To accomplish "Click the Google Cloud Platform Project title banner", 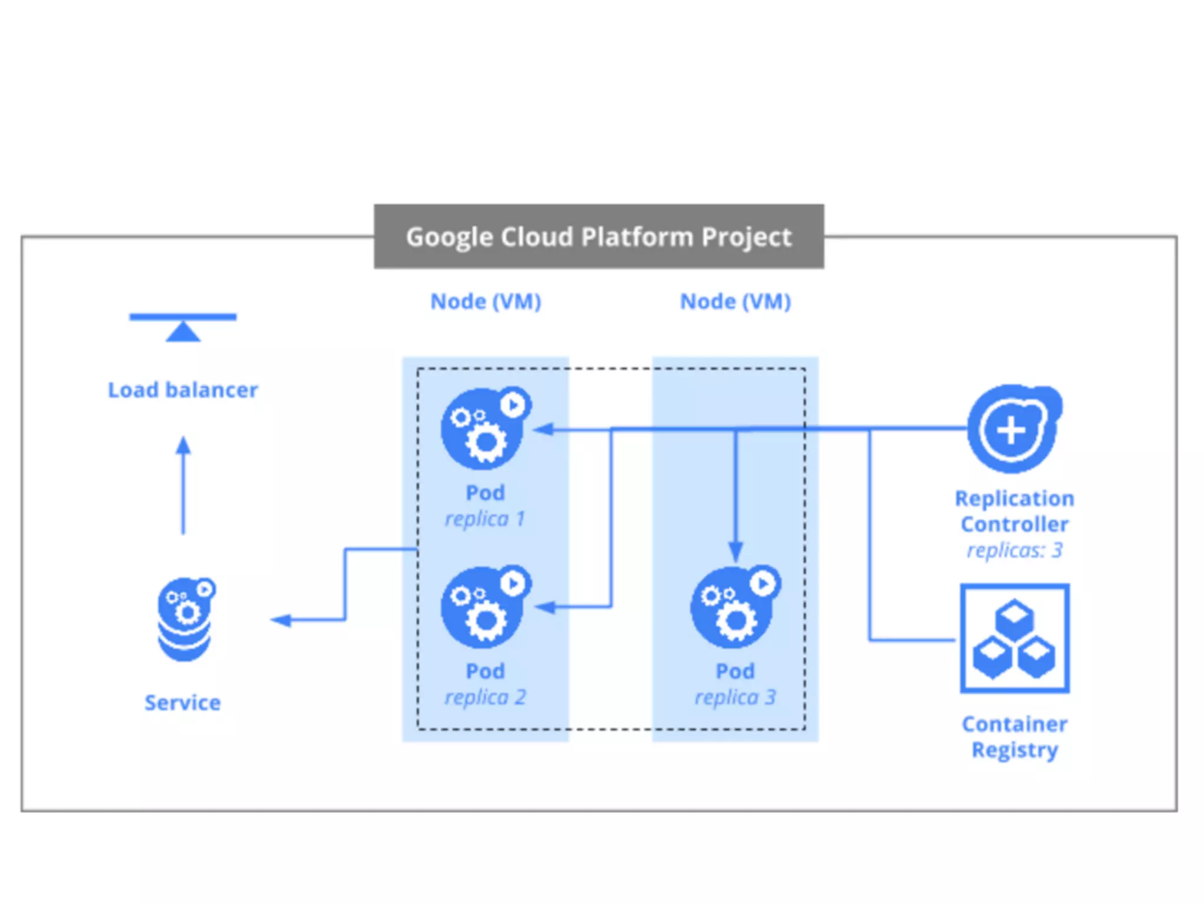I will pos(598,236).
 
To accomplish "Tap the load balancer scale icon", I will pos(183,326).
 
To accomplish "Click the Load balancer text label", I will pos(183,390).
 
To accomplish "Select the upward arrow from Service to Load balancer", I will pos(183,485).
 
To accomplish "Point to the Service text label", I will pos(183,703).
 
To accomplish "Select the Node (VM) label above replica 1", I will pos(486,302).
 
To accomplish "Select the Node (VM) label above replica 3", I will pos(735,302).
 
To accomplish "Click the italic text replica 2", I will pos(486,697).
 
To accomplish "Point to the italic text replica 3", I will pos(735,697).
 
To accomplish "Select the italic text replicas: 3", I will pos(1015,550).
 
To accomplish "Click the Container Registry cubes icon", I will pos(1015,638).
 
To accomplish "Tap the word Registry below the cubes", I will pos(1015,750).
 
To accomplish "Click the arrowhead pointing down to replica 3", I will pos(735,551).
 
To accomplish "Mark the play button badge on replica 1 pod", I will pos(514,405).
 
